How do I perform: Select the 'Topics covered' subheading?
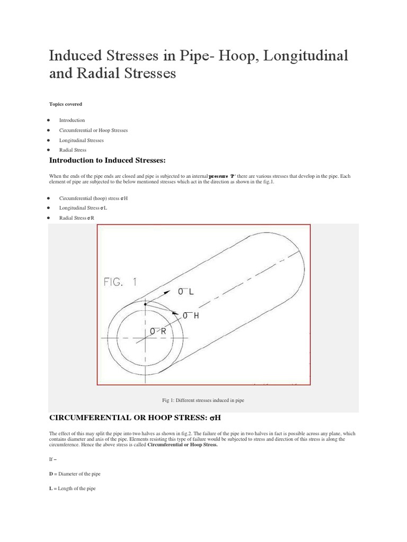(65, 104)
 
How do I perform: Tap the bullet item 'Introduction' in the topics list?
(72, 120)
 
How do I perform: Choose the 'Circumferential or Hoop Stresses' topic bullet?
(93, 130)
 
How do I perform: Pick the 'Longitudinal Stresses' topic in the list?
(81, 140)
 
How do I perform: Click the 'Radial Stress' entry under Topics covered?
(73, 150)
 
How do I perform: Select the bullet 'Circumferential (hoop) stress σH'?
(93, 197)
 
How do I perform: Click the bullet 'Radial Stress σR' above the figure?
(77, 218)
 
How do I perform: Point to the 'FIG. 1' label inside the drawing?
(120, 282)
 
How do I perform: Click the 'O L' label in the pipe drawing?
(185, 292)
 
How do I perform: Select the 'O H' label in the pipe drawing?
(190, 315)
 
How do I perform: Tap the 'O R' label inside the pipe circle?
(158, 331)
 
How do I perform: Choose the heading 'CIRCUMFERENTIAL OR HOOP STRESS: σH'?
(134, 418)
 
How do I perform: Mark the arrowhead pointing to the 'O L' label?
(168, 291)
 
